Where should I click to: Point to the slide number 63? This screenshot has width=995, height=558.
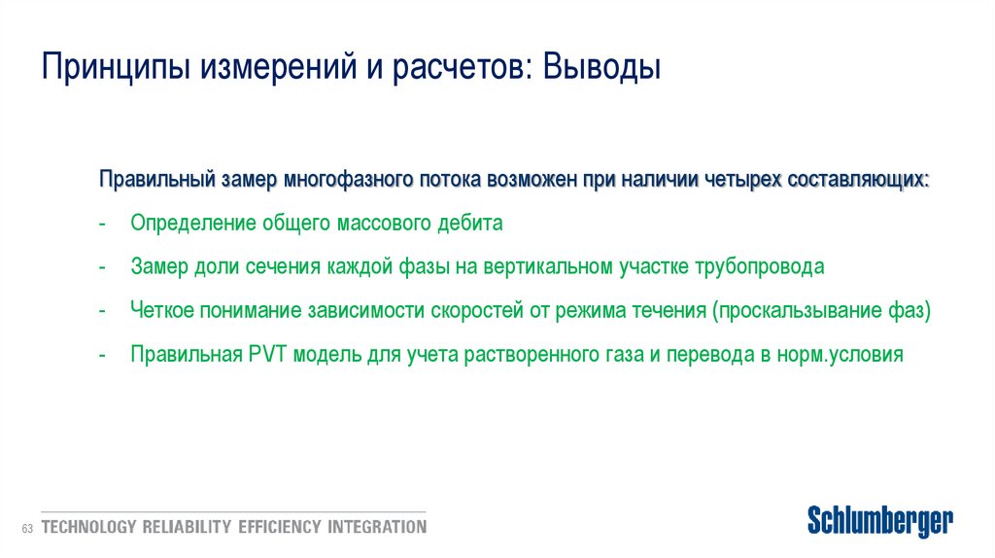[x=26, y=528]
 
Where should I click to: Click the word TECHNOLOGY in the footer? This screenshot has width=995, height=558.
[x=87, y=528]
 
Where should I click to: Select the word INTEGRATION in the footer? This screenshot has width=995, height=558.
[x=377, y=528]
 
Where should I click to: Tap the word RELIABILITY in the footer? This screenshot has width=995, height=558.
[x=187, y=528]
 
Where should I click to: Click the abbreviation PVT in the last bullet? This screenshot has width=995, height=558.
[x=262, y=355]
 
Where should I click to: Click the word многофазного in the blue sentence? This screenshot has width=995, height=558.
[x=349, y=181]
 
